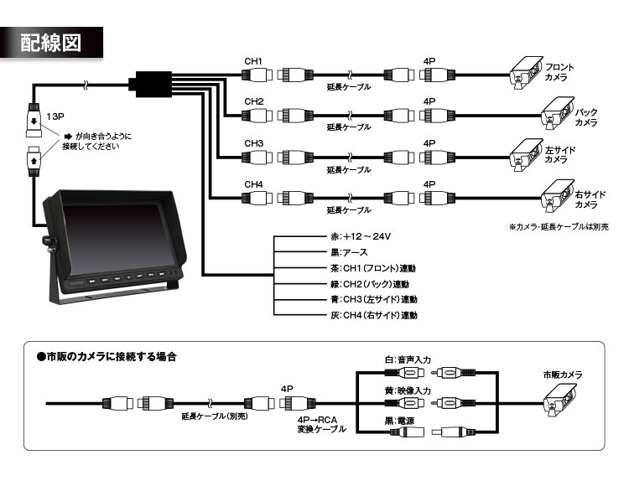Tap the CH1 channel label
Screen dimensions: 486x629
254,61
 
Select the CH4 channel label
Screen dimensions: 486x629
254,184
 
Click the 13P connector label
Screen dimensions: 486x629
56,116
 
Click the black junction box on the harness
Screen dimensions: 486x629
147,84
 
